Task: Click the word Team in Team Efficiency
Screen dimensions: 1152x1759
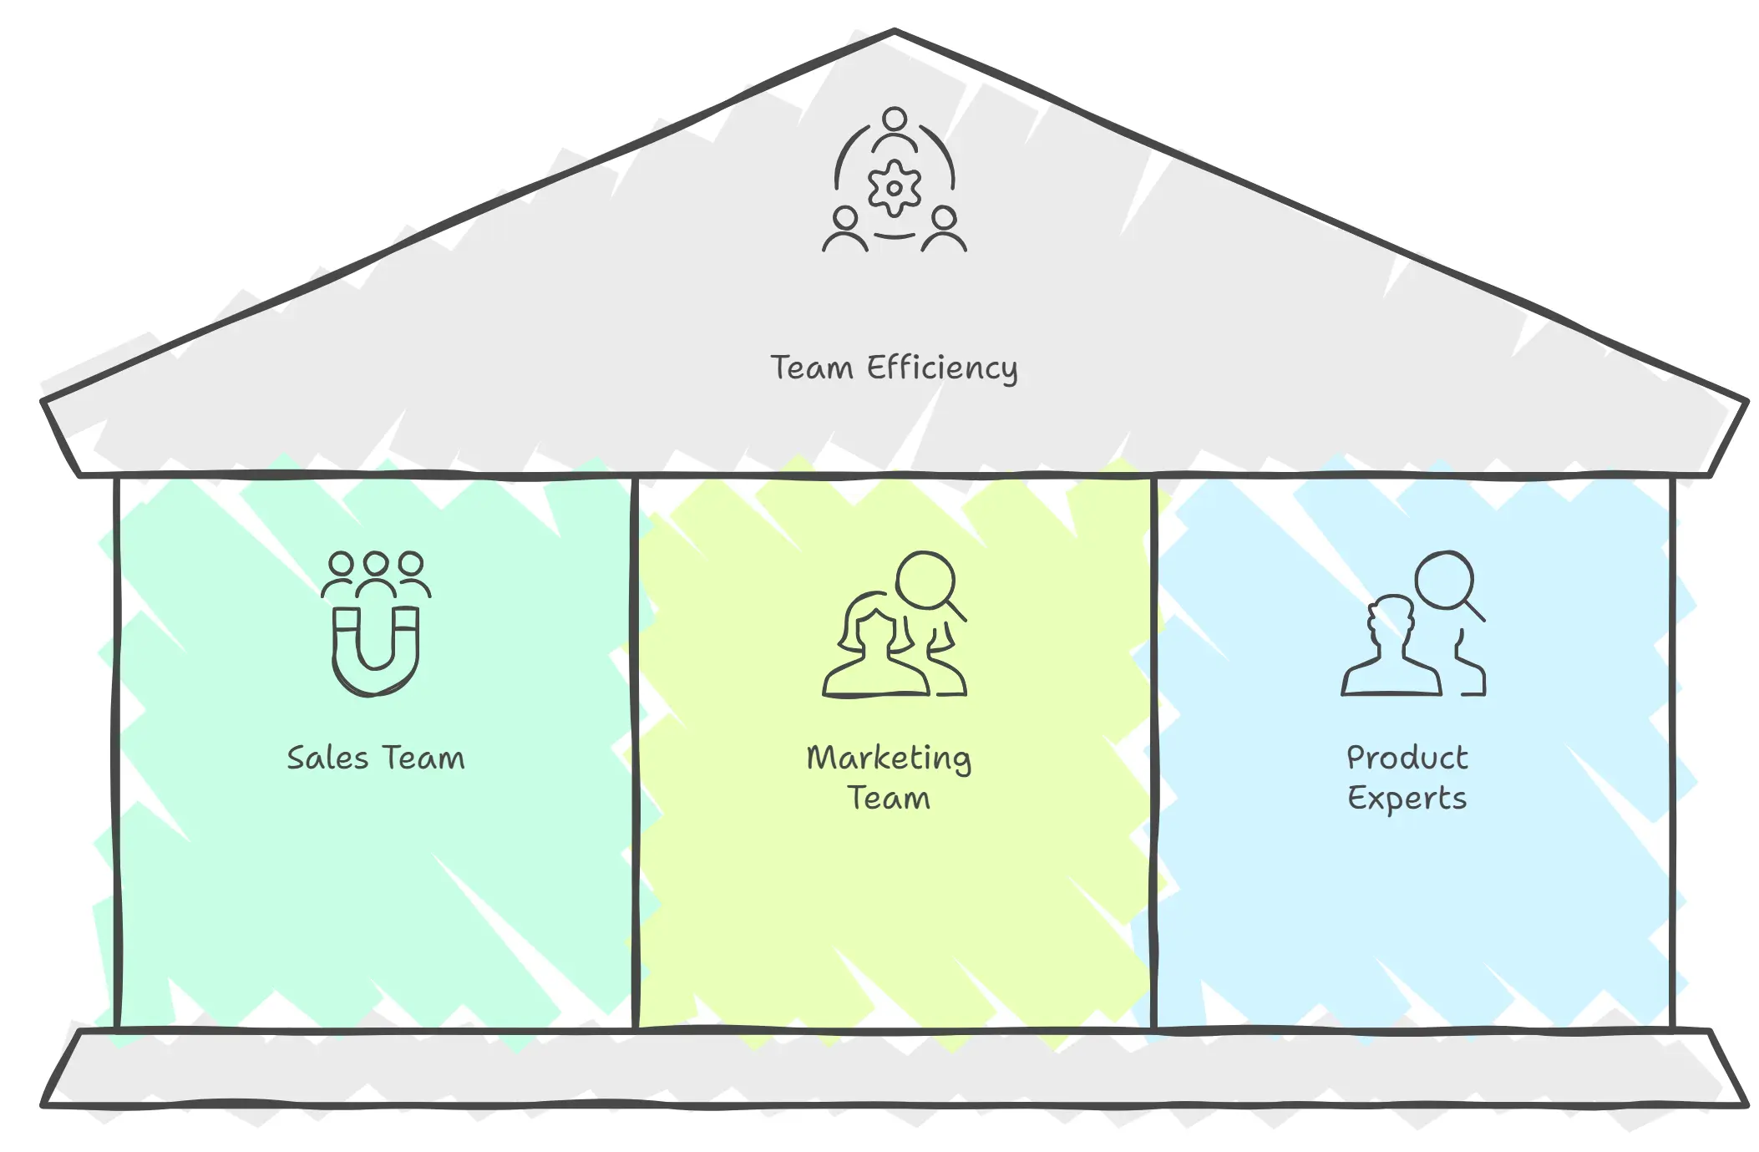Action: click(x=811, y=368)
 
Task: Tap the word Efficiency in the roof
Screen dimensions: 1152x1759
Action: click(x=942, y=368)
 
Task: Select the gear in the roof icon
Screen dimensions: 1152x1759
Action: click(x=894, y=188)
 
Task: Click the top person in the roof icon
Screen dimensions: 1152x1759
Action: click(x=895, y=127)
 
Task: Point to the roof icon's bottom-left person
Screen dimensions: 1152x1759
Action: click(x=845, y=229)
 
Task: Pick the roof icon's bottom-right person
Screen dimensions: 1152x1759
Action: click(x=944, y=229)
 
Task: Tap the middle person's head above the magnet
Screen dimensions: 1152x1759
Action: click(x=376, y=564)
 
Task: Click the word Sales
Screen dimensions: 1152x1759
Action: click(x=327, y=759)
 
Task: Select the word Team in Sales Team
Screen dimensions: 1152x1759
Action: click(x=423, y=759)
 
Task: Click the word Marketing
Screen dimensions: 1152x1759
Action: click(x=889, y=759)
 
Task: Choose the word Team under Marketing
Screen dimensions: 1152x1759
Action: click(x=889, y=799)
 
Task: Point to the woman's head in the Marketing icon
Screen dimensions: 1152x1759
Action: click(x=874, y=627)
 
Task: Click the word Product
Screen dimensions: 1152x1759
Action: click(x=1407, y=759)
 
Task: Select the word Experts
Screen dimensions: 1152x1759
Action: click(x=1407, y=799)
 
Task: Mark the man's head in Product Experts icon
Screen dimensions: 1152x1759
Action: click(x=1391, y=618)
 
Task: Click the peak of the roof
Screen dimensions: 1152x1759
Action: click(x=895, y=33)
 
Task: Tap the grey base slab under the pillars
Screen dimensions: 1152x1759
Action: click(x=894, y=1069)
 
